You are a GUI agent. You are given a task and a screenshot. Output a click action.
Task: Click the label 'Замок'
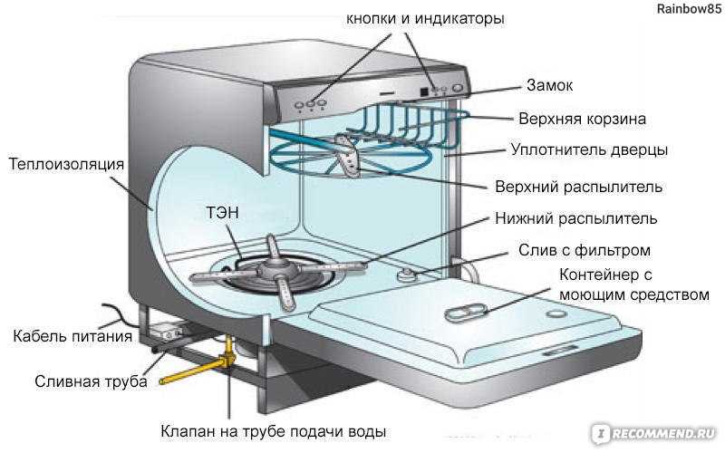pyautogui.click(x=549, y=85)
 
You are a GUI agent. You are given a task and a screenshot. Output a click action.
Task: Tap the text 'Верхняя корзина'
pyautogui.click(x=582, y=119)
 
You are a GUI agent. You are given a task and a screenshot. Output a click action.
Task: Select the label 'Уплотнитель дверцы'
pyautogui.click(x=590, y=150)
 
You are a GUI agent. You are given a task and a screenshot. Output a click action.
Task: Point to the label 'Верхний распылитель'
pyautogui.click(x=578, y=187)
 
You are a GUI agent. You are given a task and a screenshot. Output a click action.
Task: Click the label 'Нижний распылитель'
pyautogui.click(x=576, y=218)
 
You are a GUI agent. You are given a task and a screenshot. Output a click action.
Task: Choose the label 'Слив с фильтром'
pyautogui.click(x=585, y=250)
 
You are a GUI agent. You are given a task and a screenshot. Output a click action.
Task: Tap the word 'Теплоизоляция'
pyautogui.click(x=66, y=164)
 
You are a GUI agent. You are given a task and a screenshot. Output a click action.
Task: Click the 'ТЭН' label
pyautogui.click(x=222, y=213)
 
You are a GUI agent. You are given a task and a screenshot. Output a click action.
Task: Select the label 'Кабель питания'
pyautogui.click(x=72, y=336)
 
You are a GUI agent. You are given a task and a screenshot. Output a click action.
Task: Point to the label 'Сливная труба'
pyautogui.click(x=92, y=381)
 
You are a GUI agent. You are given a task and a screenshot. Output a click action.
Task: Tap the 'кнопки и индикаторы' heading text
pyautogui.click(x=425, y=18)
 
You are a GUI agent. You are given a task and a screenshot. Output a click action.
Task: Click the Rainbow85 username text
pyautogui.click(x=689, y=9)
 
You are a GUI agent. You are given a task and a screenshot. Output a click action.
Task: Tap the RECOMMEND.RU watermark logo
pyautogui.click(x=656, y=433)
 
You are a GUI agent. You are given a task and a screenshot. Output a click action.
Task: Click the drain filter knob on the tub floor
pyautogui.click(x=407, y=275)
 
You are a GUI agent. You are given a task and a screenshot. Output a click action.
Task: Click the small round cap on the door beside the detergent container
pyautogui.click(x=556, y=313)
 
